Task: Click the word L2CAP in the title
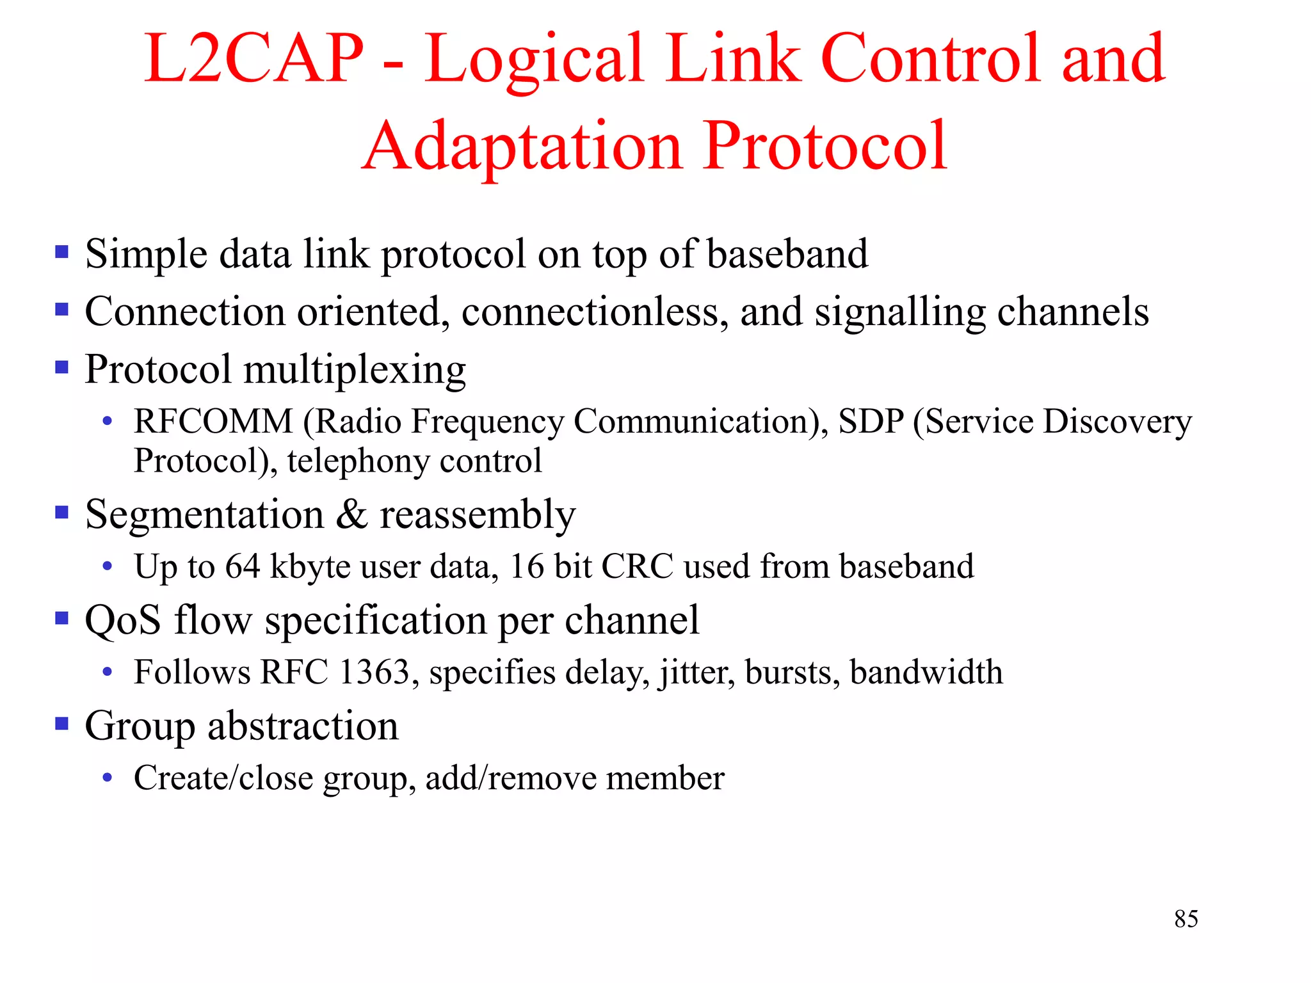[x=254, y=59]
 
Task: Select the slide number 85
[x=1186, y=919]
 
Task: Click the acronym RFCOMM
[x=213, y=422]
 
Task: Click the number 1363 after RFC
[x=374, y=673]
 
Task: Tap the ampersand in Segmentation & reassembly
[x=352, y=515]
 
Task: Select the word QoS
[x=123, y=621]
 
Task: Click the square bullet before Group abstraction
[x=62, y=724]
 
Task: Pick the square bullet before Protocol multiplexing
[x=62, y=367]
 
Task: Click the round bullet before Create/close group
[x=108, y=778]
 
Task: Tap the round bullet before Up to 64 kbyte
[x=108, y=566]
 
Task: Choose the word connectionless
[x=594, y=312]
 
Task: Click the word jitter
[x=697, y=673]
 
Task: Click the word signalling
[x=899, y=314]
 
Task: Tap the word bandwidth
[x=926, y=673]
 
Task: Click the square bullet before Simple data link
[x=62, y=252]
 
